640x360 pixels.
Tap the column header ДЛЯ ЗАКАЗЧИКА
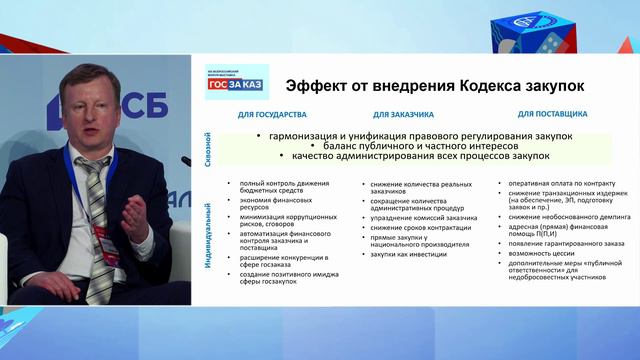[x=400, y=115]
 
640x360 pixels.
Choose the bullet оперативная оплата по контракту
[x=551, y=184]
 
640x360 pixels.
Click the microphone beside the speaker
[x=185, y=160]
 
